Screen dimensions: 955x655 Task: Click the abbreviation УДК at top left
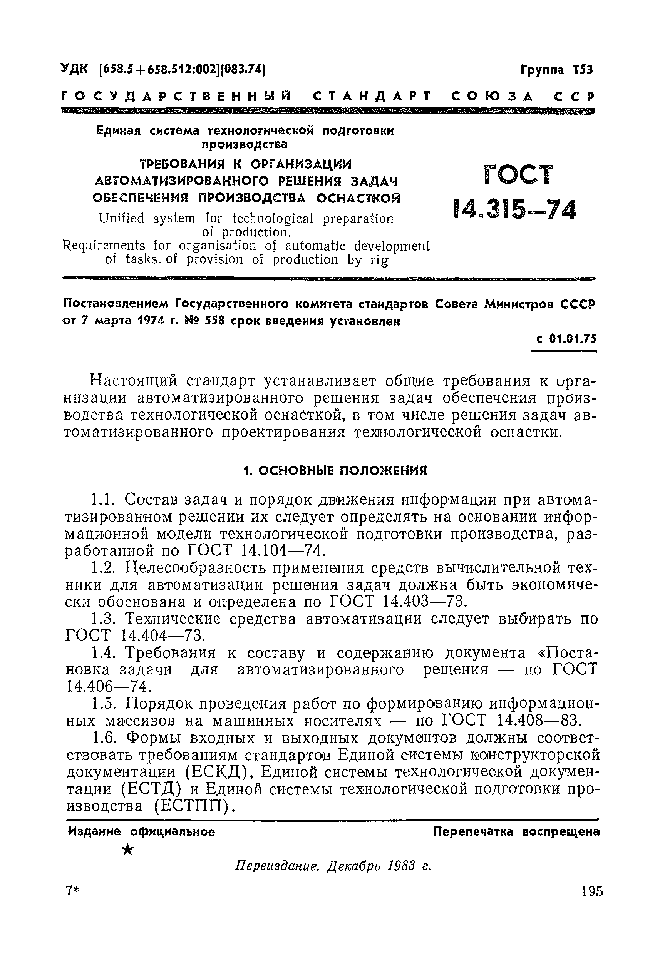point(74,69)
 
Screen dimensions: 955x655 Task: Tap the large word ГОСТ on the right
point(519,176)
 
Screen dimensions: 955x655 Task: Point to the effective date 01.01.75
point(572,339)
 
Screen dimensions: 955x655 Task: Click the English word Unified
point(121,218)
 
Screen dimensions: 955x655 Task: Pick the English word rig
point(379,260)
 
